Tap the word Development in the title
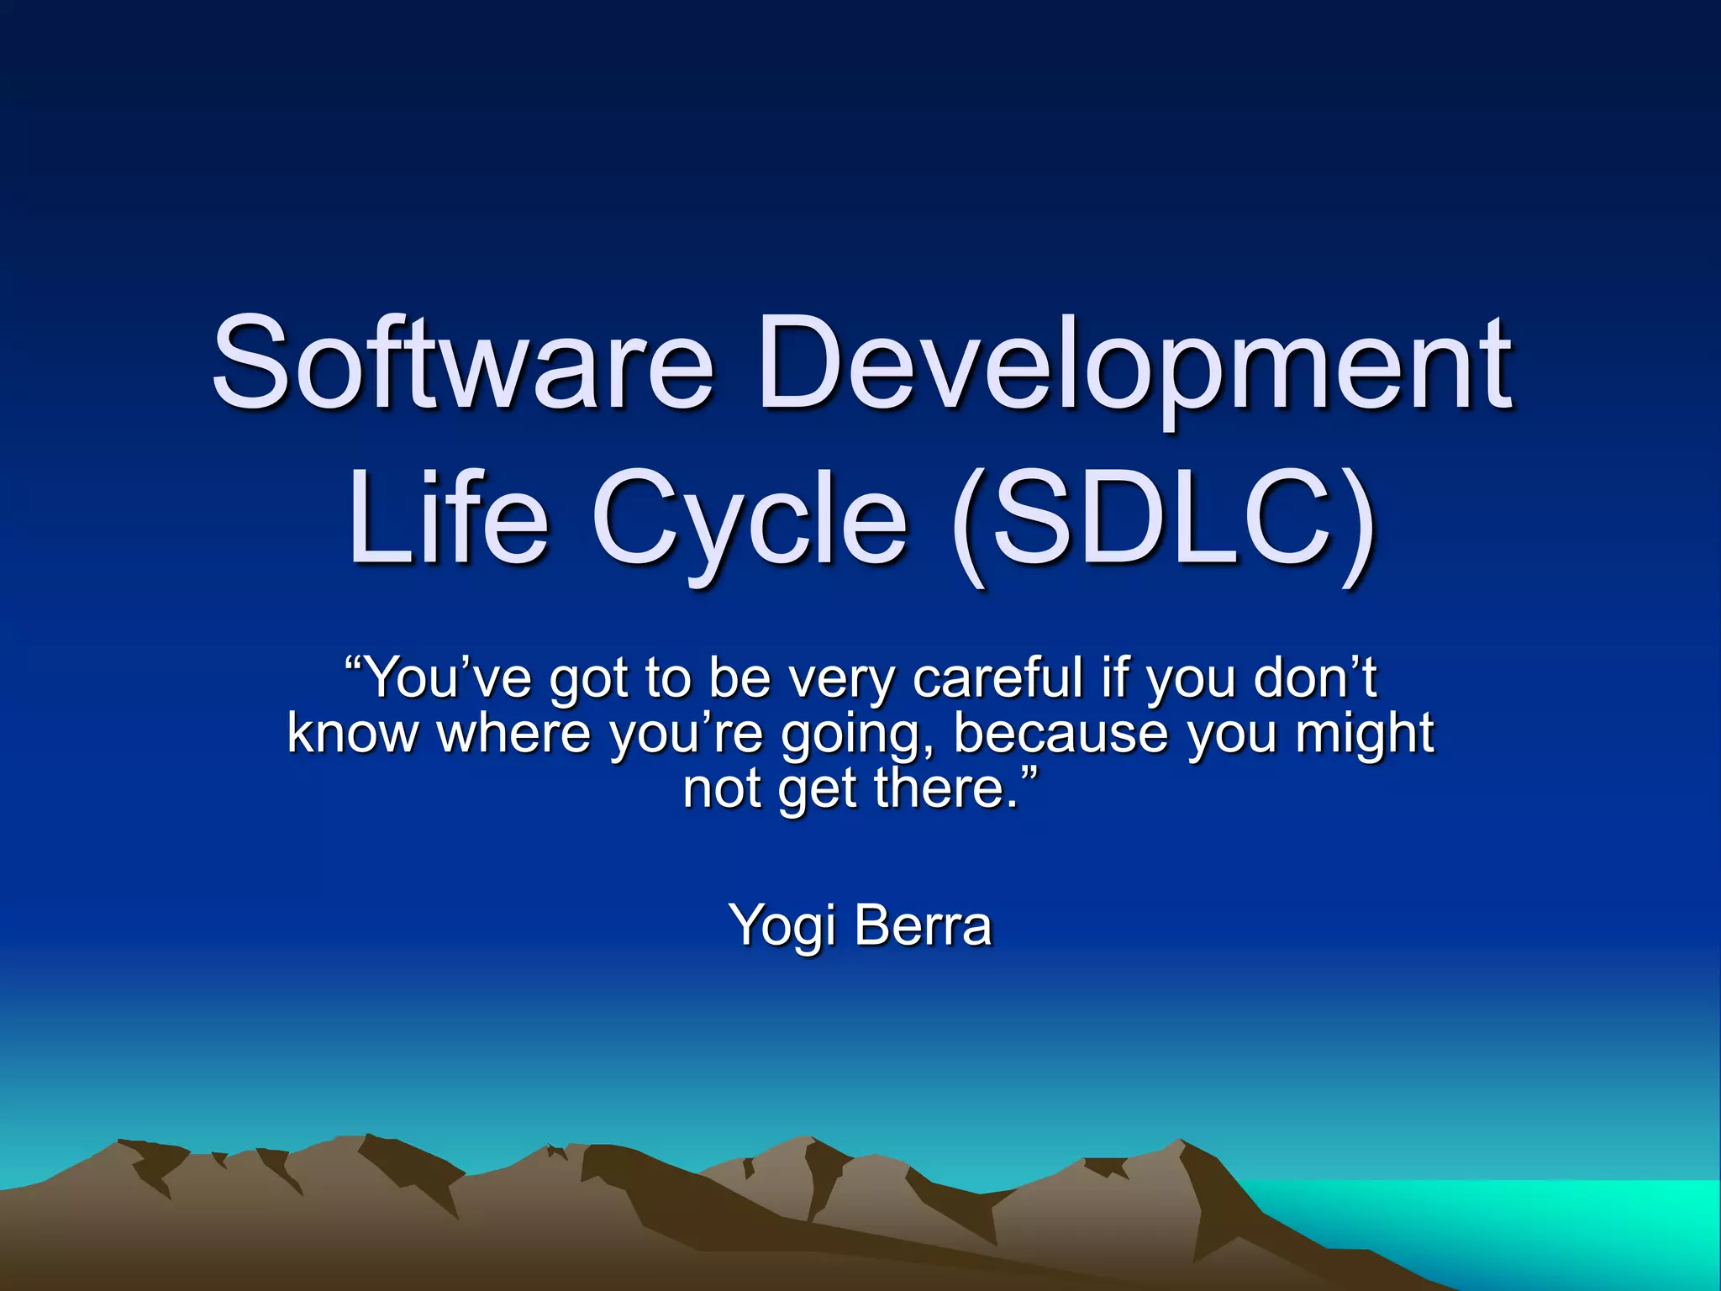point(1134,366)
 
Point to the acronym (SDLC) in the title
point(1165,521)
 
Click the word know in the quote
point(352,733)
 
